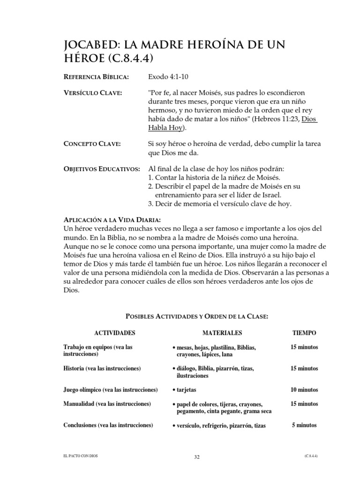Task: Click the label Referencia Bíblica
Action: (x=96, y=76)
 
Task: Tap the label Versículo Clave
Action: (x=92, y=94)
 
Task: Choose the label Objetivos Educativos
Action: (x=101, y=169)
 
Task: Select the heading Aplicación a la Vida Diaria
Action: (x=112, y=220)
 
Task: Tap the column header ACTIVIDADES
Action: (x=114, y=333)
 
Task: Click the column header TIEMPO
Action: (x=304, y=333)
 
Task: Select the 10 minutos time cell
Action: (x=304, y=390)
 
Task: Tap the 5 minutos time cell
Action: (x=304, y=425)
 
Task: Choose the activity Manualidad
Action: (x=80, y=403)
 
